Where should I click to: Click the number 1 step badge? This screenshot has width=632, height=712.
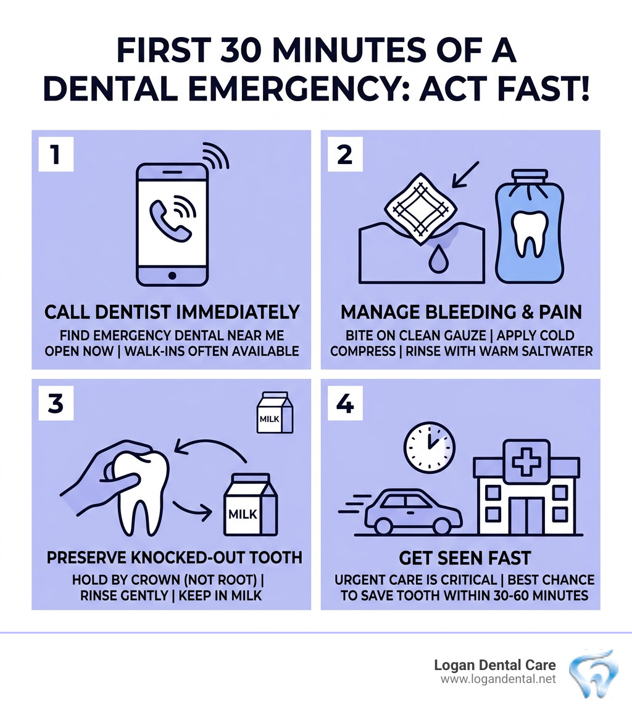[56, 154]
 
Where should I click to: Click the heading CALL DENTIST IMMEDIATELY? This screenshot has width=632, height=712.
[172, 312]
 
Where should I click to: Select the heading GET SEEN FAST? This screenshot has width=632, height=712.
[465, 558]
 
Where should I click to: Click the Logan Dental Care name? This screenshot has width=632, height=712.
[494, 665]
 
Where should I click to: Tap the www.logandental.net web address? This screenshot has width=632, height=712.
[498, 679]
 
